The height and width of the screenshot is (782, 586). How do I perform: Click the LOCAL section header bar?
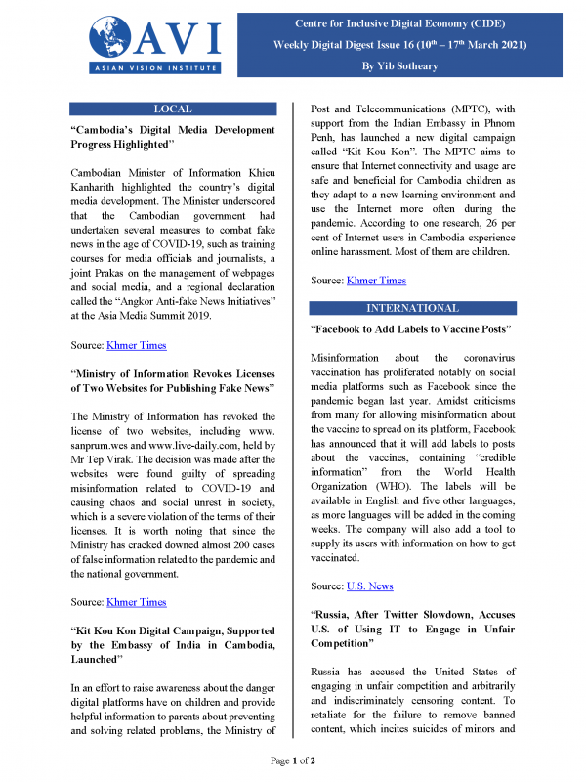pos(174,109)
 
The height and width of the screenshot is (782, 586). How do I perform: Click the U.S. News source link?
pos(370,586)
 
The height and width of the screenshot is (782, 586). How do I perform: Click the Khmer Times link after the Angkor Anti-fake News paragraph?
pos(139,345)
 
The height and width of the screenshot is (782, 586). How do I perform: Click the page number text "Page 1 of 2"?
pos(292,760)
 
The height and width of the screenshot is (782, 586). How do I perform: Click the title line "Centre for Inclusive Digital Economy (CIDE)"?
pos(435,22)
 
